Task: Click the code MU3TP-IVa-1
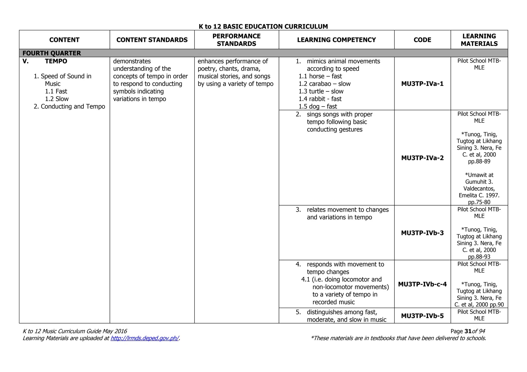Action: coord(422,84)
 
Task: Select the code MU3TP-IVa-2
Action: coord(422,158)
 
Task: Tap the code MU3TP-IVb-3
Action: coord(422,233)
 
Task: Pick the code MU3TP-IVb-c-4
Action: coord(422,284)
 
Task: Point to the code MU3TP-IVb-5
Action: coord(422,316)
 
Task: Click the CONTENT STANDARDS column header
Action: coord(152,40)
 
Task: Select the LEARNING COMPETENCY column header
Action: coord(336,40)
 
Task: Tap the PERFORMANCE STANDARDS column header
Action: coord(236,40)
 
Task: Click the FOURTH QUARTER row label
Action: coord(52,53)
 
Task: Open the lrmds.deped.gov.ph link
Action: coord(145,338)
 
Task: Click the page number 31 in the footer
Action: coord(468,331)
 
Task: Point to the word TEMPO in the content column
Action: coord(56,61)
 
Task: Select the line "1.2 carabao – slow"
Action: coord(324,84)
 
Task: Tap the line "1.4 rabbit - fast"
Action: coord(320,99)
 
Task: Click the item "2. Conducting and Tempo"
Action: coord(69,106)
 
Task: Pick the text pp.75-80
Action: coord(479,202)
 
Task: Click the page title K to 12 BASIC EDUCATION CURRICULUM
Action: coord(263,26)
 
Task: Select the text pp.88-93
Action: coord(479,257)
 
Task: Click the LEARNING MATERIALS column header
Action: coord(479,40)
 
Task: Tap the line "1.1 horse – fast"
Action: coord(320,76)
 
